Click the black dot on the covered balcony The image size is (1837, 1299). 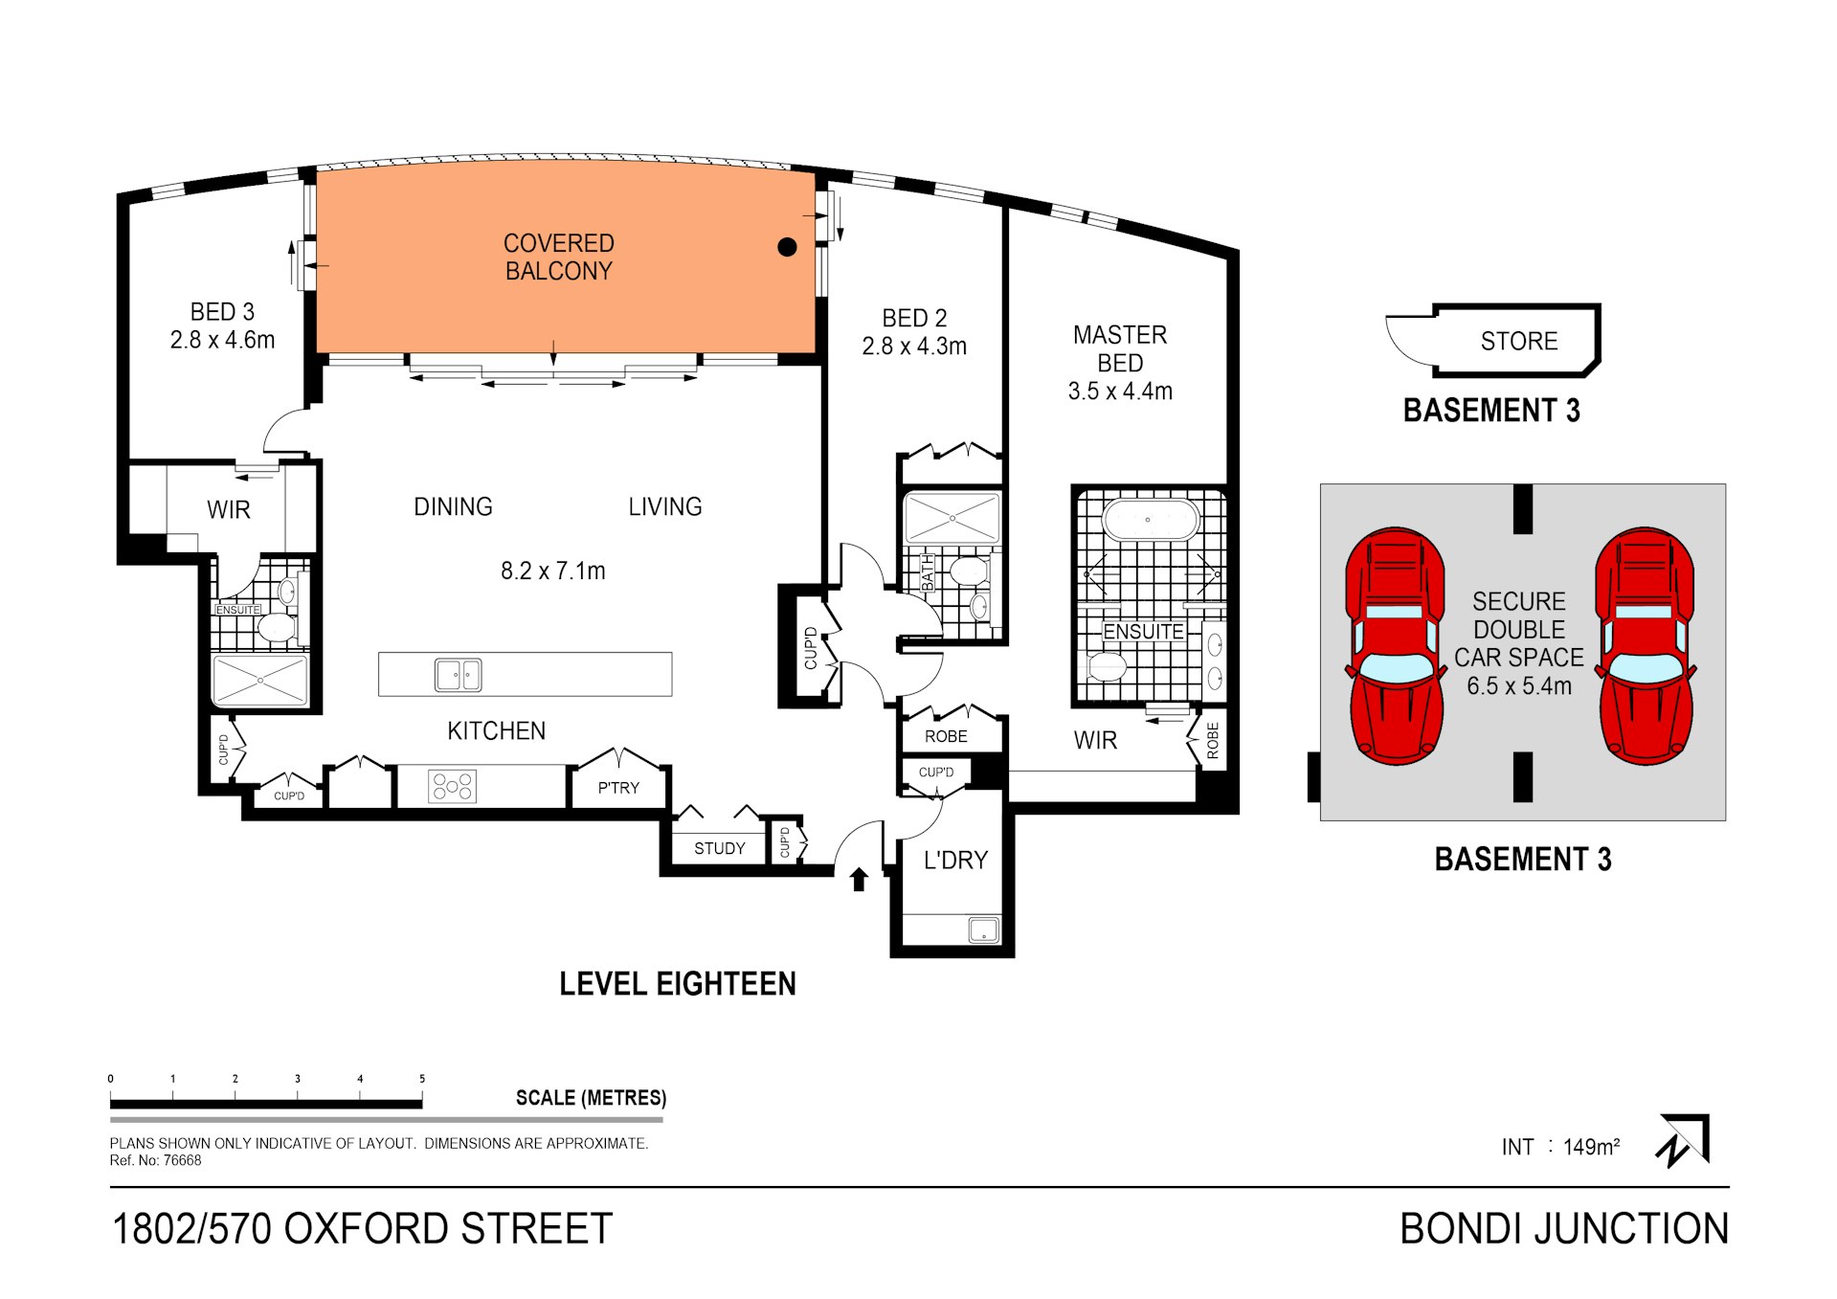(787, 247)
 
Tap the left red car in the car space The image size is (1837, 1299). (1396, 646)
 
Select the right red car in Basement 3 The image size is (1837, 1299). (1644, 646)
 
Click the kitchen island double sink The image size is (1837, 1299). (458, 675)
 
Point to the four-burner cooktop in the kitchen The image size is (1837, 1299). (452, 787)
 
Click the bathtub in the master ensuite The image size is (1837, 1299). (1150, 521)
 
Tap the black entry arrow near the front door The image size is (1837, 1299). (859, 879)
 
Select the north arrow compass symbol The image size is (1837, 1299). (1683, 1140)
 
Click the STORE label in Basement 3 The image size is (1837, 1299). (1518, 342)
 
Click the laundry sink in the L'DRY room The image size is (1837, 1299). (983, 929)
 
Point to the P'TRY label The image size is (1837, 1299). (618, 788)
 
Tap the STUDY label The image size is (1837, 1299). (719, 849)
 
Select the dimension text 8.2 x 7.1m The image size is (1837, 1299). (552, 571)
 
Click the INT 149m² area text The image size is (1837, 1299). (1559, 1147)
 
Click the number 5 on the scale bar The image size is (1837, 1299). (422, 1079)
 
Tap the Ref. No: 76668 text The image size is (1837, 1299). (155, 1161)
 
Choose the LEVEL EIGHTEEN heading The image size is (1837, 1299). (677, 984)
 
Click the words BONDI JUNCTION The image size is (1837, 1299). (1563, 1229)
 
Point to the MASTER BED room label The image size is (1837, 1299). (1119, 349)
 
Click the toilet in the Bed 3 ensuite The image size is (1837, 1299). (276, 628)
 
